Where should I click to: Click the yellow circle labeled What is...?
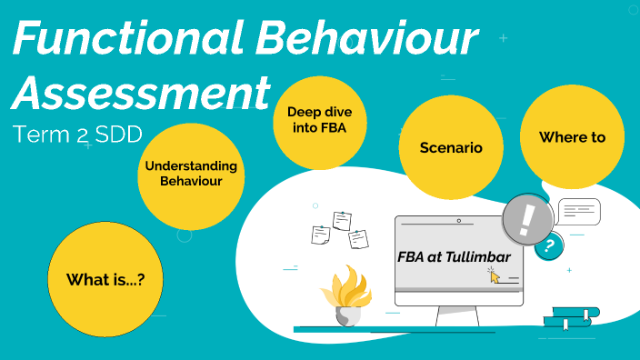105,280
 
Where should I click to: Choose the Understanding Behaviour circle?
191,174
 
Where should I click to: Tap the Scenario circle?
450,147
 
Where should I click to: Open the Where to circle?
572,137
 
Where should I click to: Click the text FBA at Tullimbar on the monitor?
454,257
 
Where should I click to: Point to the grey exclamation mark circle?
526,219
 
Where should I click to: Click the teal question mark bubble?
548,246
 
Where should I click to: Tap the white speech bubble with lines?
578,211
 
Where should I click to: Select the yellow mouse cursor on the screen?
495,275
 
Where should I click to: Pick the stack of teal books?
571,317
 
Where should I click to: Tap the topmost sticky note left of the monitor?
342,220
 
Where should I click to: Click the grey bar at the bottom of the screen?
458,290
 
